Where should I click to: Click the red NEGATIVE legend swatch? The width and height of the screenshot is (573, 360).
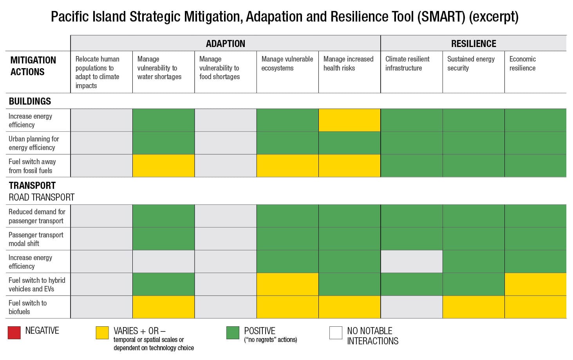click(x=14, y=333)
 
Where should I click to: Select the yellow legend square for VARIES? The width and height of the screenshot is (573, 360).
click(x=102, y=333)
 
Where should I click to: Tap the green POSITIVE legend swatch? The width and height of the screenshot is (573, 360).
click(x=233, y=333)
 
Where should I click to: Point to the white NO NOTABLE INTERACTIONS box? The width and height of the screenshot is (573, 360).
click(x=336, y=333)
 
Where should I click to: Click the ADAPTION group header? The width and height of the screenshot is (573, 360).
click(x=225, y=43)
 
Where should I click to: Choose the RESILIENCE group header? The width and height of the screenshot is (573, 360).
click(x=473, y=43)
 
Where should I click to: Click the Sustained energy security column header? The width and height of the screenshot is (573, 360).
click(x=471, y=63)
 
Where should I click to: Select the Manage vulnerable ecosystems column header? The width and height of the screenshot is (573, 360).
click(x=287, y=63)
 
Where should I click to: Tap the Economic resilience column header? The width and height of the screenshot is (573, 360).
click(x=522, y=63)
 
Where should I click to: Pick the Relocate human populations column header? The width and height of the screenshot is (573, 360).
click(x=98, y=72)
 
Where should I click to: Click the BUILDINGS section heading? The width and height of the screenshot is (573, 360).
click(x=30, y=101)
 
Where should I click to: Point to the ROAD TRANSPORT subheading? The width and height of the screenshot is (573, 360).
click(x=42, y=197)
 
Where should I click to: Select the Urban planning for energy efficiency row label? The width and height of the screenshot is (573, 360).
click(x=34, y=143)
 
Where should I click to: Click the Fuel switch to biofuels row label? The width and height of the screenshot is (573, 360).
click(x=27, y=307)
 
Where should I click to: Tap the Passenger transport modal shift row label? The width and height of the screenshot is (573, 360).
click(x=36, y=239)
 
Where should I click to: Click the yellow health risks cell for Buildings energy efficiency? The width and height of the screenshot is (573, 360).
click(x=349, y=120)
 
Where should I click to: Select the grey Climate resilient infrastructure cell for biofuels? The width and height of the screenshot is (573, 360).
click(x=411, y=307)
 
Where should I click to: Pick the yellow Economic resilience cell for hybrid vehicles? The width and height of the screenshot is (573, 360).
click(x=535, y=284)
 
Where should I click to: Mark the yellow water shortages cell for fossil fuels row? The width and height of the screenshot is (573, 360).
click(x=163, y=166)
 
